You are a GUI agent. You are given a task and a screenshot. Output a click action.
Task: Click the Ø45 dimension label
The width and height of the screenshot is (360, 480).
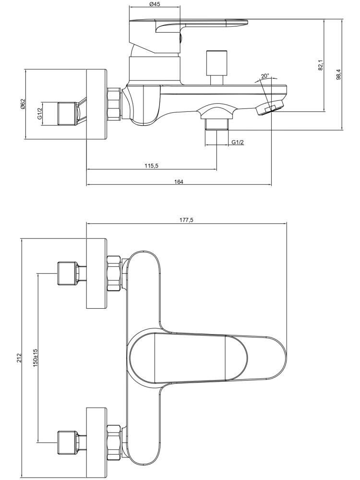tap(154, 4)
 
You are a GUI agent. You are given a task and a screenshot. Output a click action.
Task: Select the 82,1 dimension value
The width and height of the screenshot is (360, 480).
tap(321, 64)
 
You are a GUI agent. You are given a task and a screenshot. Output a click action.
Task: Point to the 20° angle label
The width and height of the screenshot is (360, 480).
tap(265, 76)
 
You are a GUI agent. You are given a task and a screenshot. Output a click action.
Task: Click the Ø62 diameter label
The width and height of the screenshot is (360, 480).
tap(23, 104)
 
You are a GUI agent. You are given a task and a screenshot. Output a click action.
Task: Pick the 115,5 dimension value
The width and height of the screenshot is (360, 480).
tap(151, 166)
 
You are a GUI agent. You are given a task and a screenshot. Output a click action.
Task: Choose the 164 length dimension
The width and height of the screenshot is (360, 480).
tap(179, 182)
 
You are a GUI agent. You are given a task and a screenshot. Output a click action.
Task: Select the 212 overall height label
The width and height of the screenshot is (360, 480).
tap(19, 358)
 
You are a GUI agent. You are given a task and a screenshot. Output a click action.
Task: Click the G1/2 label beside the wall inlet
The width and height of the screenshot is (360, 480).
tap(40, 113)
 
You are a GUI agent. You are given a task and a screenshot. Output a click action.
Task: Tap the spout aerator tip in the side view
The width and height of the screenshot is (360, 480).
tap(270, 108)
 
